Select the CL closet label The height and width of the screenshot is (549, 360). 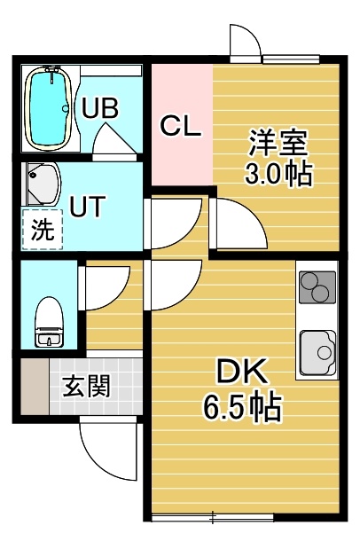point(181,127)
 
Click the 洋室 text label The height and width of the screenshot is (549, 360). point(278,143)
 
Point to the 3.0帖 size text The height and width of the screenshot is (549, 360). point(278,173)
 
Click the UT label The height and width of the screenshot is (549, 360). point(88,207)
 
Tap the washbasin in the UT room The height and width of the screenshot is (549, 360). point(42,184)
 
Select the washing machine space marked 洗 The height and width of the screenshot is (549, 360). point(43,230)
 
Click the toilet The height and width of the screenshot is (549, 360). point(50,322)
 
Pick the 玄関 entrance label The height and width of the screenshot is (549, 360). point(87,387)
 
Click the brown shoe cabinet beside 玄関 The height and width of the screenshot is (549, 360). point(35,387)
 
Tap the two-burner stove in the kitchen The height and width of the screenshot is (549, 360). point(317,286)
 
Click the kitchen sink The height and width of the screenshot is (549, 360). point(317,353)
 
